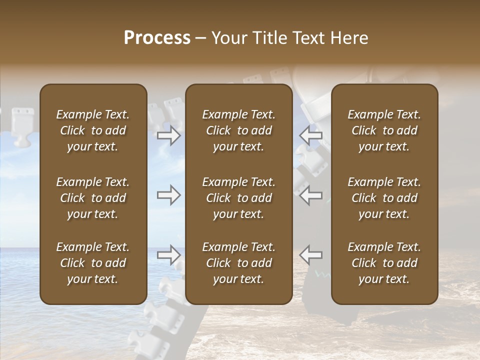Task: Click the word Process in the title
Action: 157,38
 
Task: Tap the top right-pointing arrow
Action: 168,135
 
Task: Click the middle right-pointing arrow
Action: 168,195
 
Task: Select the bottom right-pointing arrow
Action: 168,255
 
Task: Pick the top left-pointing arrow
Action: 311,135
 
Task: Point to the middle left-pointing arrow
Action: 311,195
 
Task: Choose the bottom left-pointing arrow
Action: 311,255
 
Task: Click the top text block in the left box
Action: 93,130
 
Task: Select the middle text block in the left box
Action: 93,198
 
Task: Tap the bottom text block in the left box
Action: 93,263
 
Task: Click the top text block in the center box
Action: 238,130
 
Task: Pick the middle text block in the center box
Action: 238,198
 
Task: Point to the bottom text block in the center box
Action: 238,263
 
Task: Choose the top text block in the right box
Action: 384,130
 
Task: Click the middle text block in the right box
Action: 384,198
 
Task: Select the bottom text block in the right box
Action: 384,263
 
